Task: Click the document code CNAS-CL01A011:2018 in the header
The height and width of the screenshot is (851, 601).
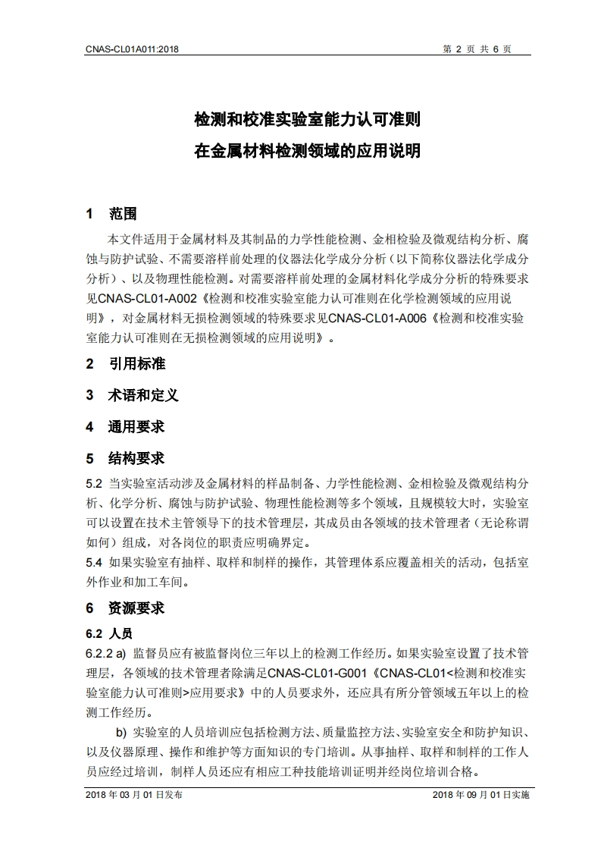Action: point(133,49)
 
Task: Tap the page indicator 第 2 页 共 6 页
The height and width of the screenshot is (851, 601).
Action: point(477,49)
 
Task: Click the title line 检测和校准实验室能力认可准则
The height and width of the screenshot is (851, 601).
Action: point(307,120)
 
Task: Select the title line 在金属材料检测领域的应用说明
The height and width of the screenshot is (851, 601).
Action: point(307,150)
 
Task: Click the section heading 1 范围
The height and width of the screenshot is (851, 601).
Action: point(111,213)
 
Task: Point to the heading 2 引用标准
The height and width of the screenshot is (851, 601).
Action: point(125,363)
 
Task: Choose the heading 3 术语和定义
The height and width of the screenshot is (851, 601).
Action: point(132,395)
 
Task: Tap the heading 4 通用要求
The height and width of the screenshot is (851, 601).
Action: point(125,427)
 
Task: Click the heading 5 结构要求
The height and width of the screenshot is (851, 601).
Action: point(125,459)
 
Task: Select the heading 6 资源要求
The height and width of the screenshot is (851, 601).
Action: point(125,608)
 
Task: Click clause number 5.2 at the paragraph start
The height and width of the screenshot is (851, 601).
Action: point(94,483)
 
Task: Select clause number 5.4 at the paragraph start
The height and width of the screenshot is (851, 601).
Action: point(94,563)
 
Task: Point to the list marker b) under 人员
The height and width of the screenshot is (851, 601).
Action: point(121,733)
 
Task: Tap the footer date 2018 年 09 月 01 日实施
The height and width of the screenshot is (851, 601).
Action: point(480,795)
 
